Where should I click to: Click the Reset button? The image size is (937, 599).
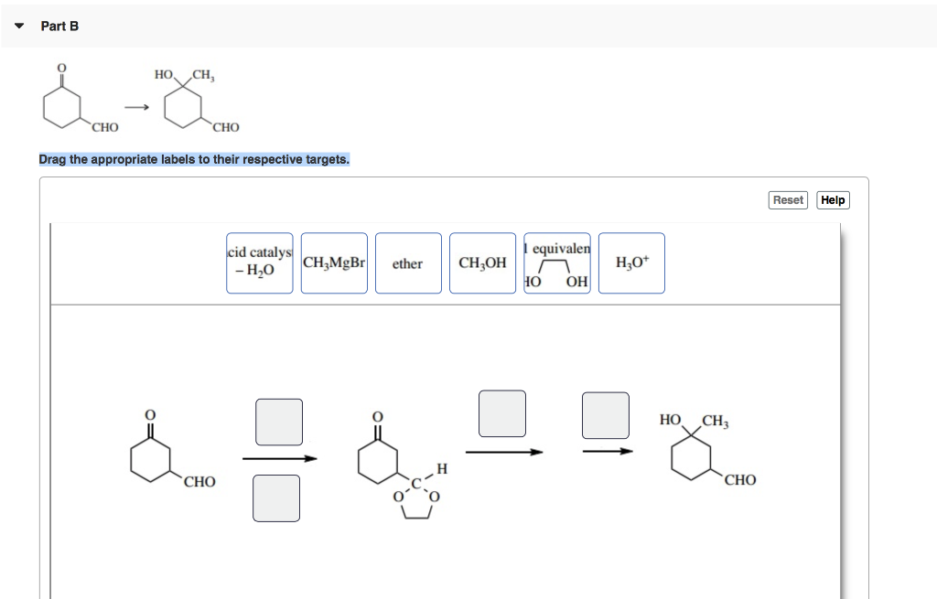point(788,200)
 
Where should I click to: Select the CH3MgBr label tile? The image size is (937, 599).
point(334,263)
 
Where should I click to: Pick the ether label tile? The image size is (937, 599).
point(407,263)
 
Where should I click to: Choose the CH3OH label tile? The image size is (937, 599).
point(482,263)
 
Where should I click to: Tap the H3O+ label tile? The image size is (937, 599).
point(631,263)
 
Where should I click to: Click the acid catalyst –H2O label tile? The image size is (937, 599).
point(260,263)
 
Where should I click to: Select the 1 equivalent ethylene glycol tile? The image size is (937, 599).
point(557,263)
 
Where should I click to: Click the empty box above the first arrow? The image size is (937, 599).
point(279,422)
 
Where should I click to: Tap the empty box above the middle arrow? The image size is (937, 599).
point(502,413)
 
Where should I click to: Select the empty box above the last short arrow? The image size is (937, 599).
point(606,414)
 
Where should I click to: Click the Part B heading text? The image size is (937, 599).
point(59,26)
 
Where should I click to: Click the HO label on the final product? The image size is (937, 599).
point(670,420)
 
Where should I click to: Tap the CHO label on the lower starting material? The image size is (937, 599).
point(199,481)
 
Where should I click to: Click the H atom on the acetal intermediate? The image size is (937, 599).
point(442,469)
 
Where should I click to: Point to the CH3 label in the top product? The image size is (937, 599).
point(203,75)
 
